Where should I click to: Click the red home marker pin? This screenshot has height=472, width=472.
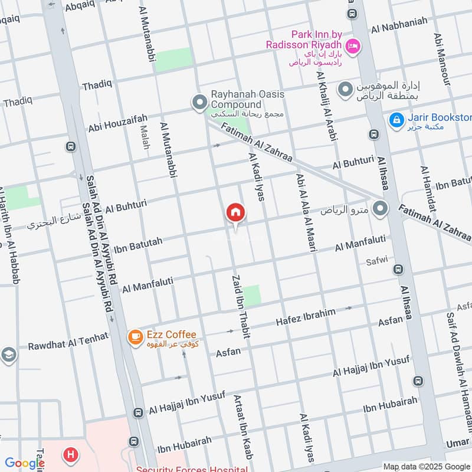coord(235,212)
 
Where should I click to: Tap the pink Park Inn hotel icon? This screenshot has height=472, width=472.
coord(352,45)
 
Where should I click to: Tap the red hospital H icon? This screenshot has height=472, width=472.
coord(71,455)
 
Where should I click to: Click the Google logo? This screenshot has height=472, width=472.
coord(24,463)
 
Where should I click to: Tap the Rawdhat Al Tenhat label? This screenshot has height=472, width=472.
coord(68,342)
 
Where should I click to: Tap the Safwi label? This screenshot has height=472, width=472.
coord(377,260)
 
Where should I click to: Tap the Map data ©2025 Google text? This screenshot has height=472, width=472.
coord(427,467)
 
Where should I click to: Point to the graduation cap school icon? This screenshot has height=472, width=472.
coord(8,355)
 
